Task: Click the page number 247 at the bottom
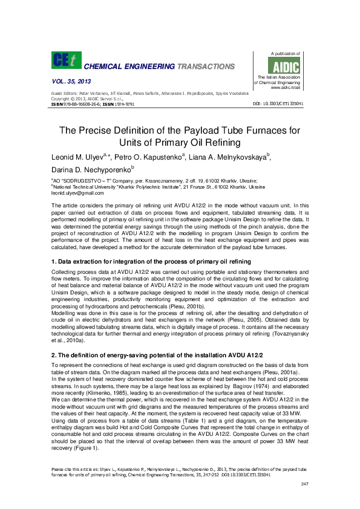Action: coord(304,484)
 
